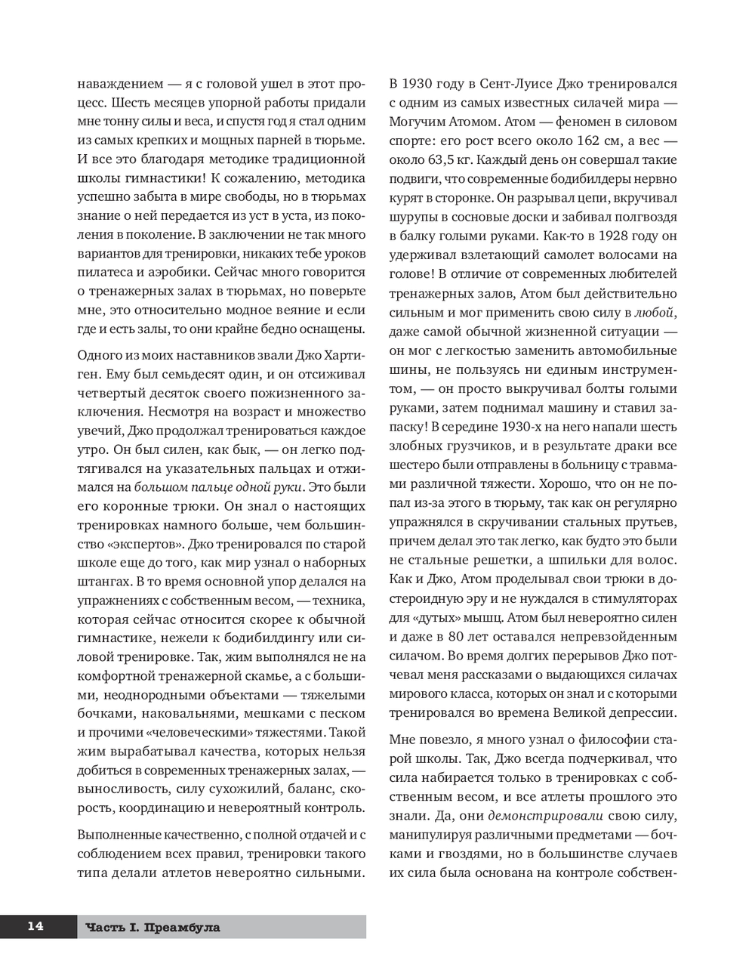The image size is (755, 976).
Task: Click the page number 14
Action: click(x=35, y=926)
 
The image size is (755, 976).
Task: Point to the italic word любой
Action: click(x=654, y=312)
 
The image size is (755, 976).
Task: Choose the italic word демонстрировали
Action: click(x=546, y=815)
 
